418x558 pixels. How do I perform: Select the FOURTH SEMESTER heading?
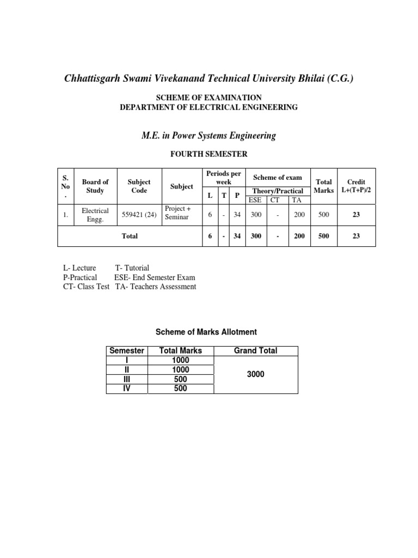point(209,155)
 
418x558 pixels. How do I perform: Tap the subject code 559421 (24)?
point(138,215)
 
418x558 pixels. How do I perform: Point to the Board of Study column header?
point(95,186)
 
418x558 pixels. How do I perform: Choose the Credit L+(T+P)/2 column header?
point(356,186)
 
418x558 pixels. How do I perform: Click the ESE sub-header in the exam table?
point(255,200)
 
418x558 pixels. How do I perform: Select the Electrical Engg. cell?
point(95,215)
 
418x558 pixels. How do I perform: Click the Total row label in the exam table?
point(130,236)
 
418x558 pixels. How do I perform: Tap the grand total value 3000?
point(256,374)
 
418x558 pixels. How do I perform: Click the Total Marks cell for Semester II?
point(180,369)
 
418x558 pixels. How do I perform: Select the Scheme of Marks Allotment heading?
point(206,332)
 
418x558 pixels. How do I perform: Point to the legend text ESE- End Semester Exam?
point(155,277)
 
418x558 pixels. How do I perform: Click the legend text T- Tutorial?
point(132,268)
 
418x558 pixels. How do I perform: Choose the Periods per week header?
point(224,177)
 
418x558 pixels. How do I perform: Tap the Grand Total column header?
point(255,350)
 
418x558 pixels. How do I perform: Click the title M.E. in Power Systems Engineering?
point(208,136)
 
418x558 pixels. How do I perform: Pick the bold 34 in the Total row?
point(237,236)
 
